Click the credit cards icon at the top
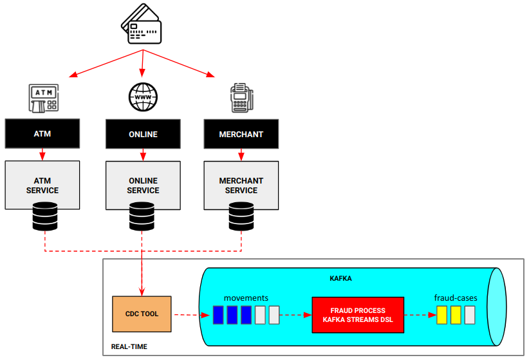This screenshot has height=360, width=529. (142, 25)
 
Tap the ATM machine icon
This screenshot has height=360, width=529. (43, 97)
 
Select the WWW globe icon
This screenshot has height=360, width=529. (142, 97)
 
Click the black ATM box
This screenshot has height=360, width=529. (42, 134)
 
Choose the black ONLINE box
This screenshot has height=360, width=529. (142, 134)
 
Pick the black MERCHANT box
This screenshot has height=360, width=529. (241, 134)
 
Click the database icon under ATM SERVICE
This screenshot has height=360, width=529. (44, 217)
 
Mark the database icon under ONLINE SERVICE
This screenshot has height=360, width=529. (142, 217)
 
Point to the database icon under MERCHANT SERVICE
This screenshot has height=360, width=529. (241, 217)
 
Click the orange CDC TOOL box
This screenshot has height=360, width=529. (142, 314)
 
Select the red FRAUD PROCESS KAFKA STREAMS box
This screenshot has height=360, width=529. (357, 314)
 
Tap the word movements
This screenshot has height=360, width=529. (245, 298)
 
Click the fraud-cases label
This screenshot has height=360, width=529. (456, 298)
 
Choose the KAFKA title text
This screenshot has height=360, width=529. (341, 278)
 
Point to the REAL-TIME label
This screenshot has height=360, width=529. (129, 346)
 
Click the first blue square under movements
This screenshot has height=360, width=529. (218, 315)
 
